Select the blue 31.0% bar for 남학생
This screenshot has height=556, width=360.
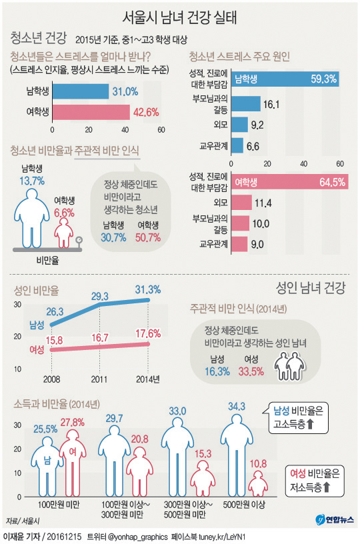[79, 91]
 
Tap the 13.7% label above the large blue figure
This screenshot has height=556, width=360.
[32, 181]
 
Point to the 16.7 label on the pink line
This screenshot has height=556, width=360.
[101, 338]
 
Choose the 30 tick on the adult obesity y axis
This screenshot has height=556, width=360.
[17, 305]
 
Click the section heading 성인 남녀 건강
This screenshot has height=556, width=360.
[309, 288]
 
